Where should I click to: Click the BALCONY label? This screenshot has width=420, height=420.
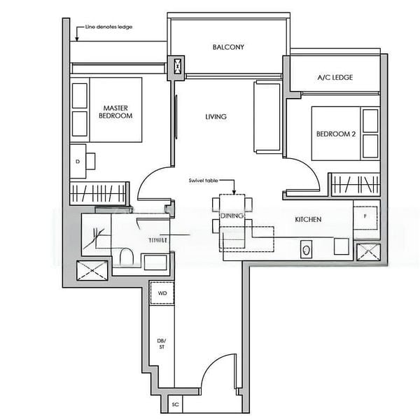[228, 48]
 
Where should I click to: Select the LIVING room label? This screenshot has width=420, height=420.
[216, 117]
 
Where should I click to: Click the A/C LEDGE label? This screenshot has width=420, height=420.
[335, 78]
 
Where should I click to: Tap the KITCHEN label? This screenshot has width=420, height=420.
[308, 220]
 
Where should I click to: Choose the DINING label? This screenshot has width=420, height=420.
[232, 216]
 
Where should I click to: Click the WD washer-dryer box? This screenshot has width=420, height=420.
[162, 293]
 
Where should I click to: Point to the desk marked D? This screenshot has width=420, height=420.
[78, 160]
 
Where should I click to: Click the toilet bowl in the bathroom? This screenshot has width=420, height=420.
[126, 256]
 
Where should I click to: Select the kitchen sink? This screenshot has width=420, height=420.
[306, 248]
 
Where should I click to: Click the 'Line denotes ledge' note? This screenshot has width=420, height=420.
[108, 27]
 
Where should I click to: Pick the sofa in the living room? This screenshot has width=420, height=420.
[267, 117]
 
